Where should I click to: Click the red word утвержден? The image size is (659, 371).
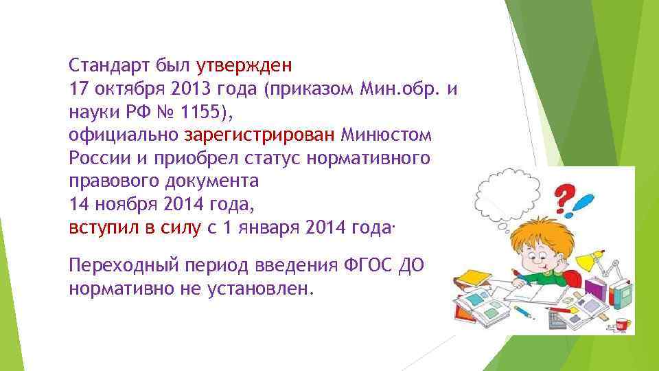click(x=244, y=67)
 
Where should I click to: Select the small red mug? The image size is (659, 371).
click(x=622, y=323)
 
